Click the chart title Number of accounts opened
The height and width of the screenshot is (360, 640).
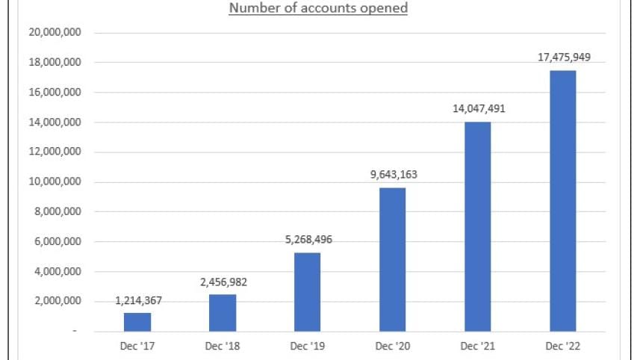coord(317,9)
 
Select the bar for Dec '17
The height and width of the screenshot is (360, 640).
coord(137,322)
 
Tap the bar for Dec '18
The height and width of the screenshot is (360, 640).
coord(223,313)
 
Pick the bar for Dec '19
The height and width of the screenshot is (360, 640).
coord(308,292)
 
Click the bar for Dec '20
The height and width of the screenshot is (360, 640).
coord(393,259)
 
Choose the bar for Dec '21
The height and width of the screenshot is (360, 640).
coord(478,226)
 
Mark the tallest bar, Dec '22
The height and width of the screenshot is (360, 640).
coord(563,201)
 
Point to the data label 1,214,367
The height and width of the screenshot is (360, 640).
coord(138,301)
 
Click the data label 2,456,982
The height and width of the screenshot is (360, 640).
coord(223,282)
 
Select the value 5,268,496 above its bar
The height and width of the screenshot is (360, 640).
coord(308,240)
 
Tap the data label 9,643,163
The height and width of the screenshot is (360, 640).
coord(394,176)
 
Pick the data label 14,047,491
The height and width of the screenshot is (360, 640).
coord(479,109)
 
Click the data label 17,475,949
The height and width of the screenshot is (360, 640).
coord(564,58)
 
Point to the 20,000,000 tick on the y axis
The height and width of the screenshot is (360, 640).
coord(55,33)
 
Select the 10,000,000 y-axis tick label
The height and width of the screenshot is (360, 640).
coord(55,182)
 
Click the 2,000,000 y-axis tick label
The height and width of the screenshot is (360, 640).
coord(58,302)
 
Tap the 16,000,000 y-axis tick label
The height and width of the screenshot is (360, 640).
coord(55,93)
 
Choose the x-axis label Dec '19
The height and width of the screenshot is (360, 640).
coord(308,346)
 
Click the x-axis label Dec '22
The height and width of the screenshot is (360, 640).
coord(563,346)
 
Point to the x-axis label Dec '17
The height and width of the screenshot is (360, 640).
coord(137,346)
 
